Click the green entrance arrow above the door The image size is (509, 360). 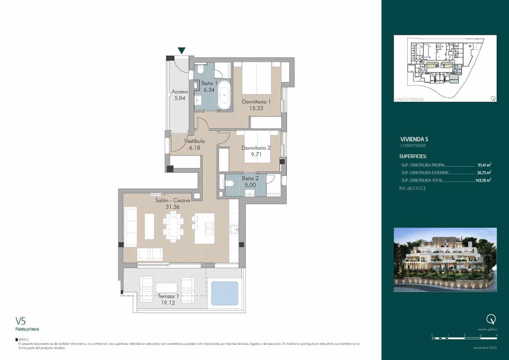tap(181, 51)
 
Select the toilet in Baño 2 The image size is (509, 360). tap(229, 183)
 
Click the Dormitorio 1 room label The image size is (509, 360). tap(256, 102)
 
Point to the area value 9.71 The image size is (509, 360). tap(256, 154)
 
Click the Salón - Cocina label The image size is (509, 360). tap(172, 200)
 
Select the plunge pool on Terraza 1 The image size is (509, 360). tap(225, 293)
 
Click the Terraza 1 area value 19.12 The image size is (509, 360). tap(168, 303)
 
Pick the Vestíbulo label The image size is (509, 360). tap(194, 141)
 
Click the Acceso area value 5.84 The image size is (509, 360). tap(180, 98)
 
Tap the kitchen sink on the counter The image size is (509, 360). tap(234, 229)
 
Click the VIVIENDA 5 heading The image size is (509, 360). tap(413, 139)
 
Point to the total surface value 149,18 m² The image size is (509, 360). tap(483, 180)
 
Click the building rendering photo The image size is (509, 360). tap(445, 259)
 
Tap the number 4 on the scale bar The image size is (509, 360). tap(497, 335)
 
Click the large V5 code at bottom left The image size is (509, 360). tap(20, 321)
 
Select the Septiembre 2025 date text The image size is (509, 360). tap(484, 348)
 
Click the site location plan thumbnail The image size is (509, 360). tap(445, 68)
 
